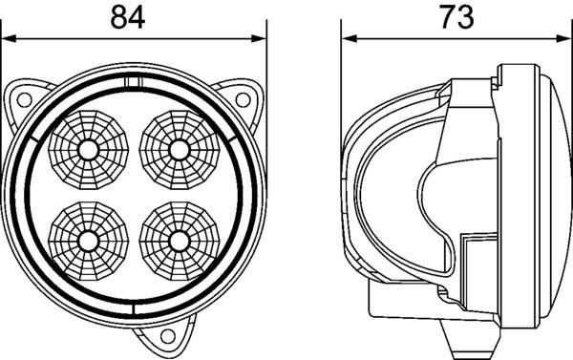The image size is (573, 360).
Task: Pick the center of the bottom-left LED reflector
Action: [87, 239]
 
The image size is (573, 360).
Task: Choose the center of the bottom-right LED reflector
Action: [178, 239]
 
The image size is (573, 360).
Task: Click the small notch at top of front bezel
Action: [134, 84]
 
